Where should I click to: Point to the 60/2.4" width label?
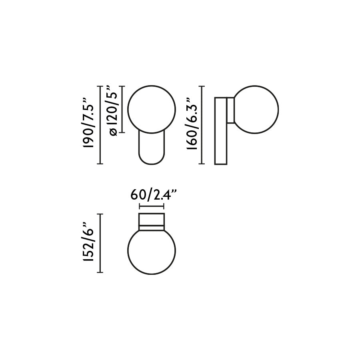154,195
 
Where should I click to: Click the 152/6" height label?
88,243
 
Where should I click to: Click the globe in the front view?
151,109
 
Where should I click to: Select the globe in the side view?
256,109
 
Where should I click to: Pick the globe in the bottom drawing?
151,251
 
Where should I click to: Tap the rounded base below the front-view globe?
151,150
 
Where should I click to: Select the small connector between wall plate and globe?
231,110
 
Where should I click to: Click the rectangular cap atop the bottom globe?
151,220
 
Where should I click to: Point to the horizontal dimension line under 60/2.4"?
151,206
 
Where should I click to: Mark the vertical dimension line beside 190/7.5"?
100,125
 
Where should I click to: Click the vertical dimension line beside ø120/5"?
122,109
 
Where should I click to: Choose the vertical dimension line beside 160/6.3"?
202,125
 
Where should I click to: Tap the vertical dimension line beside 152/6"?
100,243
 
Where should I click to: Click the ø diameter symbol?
113,132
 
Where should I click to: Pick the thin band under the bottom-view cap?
151,228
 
